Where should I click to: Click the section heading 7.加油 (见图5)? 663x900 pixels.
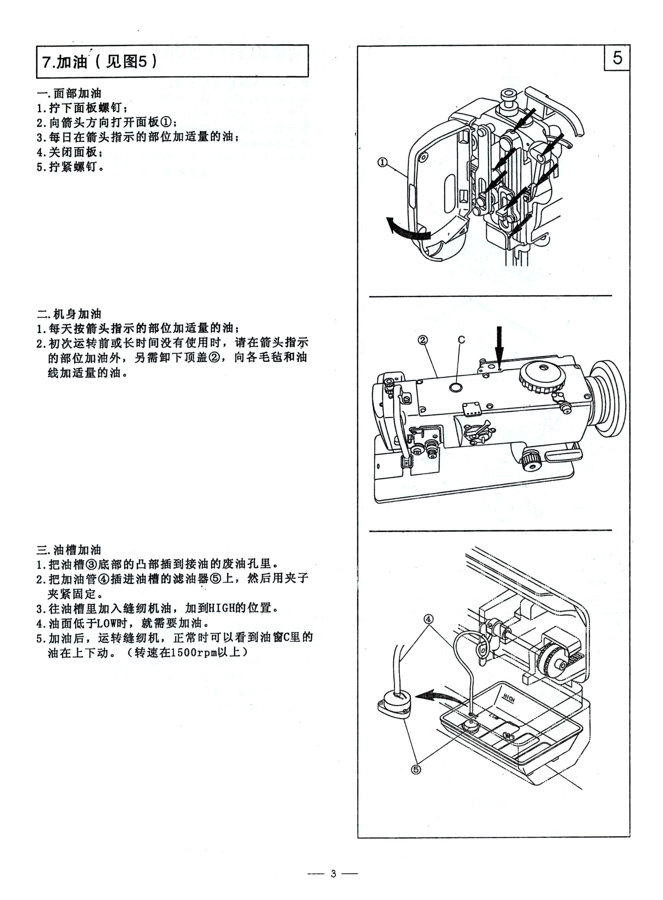(x=99, y=61)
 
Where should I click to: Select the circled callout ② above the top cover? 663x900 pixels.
(x=423, y=340)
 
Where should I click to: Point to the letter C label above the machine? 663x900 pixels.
(x=461, y=340)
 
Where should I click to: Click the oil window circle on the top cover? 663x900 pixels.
(x=456, y=387)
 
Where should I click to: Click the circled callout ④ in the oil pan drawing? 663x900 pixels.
(x=429, y=619)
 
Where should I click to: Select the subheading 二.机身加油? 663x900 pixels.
(x=69, y=314)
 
